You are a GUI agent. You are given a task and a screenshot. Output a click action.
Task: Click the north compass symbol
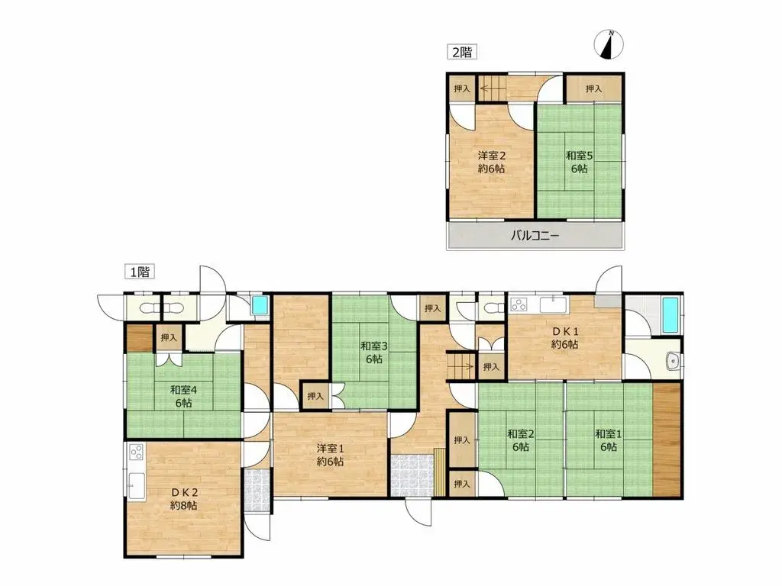click(609, 43)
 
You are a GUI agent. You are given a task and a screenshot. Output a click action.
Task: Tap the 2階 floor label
click(462, 52)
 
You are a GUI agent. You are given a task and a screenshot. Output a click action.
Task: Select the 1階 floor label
click(140, 272)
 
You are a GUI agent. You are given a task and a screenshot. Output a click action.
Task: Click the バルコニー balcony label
click(535, 235)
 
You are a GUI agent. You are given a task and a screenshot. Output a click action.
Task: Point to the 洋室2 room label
click(492, 156)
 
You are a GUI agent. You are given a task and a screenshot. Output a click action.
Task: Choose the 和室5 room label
click(579, 156)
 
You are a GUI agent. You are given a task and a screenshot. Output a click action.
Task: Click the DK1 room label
click(565, 331)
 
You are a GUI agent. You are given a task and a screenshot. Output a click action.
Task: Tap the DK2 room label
click(183, 492)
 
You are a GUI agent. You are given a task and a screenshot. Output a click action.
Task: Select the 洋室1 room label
click(330, 449)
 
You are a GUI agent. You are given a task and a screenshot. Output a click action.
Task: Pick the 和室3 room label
click(374, 346)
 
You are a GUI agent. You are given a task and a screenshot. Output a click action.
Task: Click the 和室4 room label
click(183, 390)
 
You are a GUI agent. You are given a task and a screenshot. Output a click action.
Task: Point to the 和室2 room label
click(521, 433)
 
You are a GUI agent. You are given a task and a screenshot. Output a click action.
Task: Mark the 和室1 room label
click(609, 433)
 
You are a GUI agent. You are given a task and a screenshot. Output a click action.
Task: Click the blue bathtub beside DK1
click(671, 315)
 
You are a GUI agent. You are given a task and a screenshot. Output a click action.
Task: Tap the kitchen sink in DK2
click(136, 485)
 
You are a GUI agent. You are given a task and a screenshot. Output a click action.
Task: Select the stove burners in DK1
click(519, 304)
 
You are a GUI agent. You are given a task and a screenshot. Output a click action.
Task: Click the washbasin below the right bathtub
click(673, 361)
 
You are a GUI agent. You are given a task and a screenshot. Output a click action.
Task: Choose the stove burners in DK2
click(136, 452)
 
